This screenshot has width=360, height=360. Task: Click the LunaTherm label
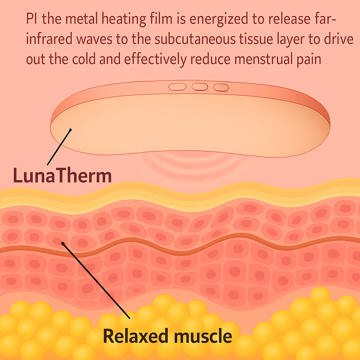click(x=62, y=175)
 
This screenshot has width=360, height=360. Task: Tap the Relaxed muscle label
click(x=168, y=336)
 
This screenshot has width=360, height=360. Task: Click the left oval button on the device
click(x=177, y=87)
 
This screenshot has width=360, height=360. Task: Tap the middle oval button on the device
click(x=200, y=86)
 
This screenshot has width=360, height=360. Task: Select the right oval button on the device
click(x=221, y=87)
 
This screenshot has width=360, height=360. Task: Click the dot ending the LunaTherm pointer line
click(x=70, y=130)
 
